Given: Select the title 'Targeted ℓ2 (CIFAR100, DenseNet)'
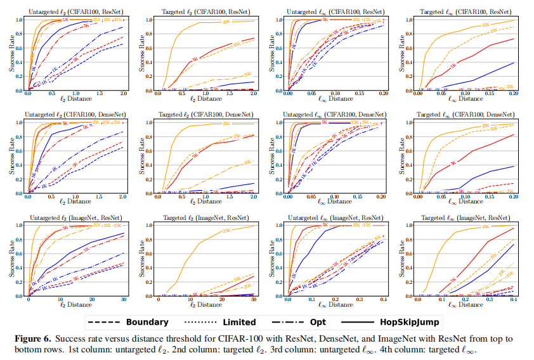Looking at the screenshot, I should (x=205, y=114).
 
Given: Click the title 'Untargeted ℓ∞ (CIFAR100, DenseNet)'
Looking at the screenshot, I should (x=334, y=114).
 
